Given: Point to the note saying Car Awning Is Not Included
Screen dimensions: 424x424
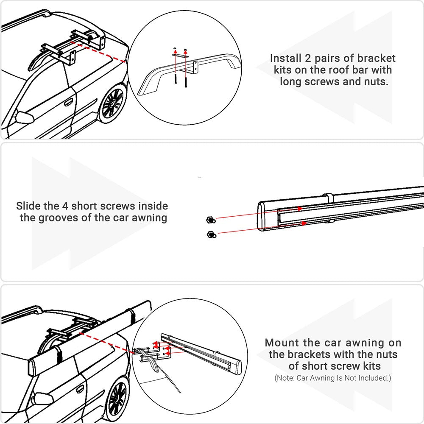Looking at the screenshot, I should (x=332, y=377).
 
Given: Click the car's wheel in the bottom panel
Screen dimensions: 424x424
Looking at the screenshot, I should (x=117, y=396).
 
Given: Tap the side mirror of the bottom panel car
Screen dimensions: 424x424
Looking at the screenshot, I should (x=42, y=399).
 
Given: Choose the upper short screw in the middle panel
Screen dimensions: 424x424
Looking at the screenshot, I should (x=209, y=219).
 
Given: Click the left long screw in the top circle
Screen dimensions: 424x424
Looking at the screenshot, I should (x=175, y=76).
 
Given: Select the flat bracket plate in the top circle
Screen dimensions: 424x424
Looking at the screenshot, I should (x=180, y=55).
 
